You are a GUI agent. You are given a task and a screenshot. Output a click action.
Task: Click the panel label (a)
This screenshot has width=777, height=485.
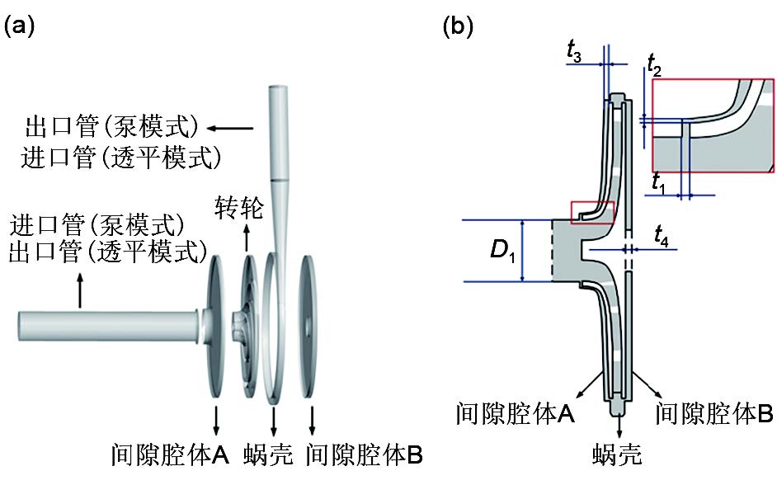pyautogui.click(x=20, y=26)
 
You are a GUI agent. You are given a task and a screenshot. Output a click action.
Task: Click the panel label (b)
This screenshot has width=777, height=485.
pyautogui.click(x=459, y=26)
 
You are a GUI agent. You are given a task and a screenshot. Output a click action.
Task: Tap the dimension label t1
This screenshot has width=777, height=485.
pyautogui.click(x=658, y=182)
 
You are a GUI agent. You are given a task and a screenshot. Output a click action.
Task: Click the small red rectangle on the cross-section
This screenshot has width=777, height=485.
pyautogui.click(x=592, y=213)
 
